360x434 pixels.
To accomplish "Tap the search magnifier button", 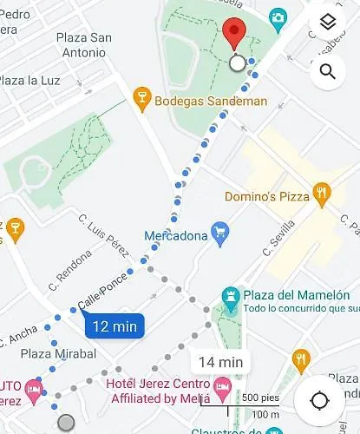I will click(x=327, y=71).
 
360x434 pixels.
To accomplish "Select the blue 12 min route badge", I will click(x=115, y=326).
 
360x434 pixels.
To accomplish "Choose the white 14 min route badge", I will click(x=219, y=362).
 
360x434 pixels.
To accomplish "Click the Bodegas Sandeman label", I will click(x=211, y=101).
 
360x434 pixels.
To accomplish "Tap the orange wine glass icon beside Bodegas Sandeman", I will click(x=142, y=100).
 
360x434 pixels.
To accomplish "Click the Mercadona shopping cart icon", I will click(x=220, y=234).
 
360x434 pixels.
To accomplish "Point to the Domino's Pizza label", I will click(x=267, y=196).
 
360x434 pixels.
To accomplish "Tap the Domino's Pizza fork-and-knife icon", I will click(x=322, y=194).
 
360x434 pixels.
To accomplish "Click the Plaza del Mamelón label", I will click(x=301, y=295).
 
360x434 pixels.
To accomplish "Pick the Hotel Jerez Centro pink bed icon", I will click(x=222, y=385).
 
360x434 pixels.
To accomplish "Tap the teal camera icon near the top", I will click(x=278, y=16).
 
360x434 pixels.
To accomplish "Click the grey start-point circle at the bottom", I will click(x=65, y=423).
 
